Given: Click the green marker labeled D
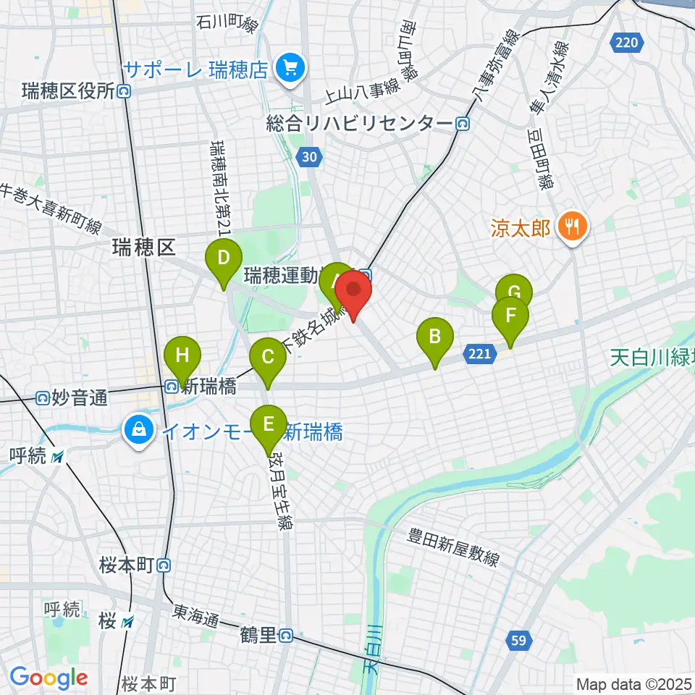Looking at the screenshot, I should pyautogui.click(x=224, y=258).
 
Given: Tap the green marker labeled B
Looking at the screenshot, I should pyautogui.click(x=435, y=337).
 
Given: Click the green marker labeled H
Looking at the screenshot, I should pyautogui.click(x=182, y=356).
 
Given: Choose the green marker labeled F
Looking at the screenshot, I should pyautogui.click(x=510, y=316).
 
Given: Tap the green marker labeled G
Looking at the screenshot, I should pyautogui.click(x=514, y=292).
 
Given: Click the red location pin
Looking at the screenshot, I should pyautogui.click(x=353, y=291).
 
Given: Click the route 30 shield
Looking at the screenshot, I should pyautogui.click(x=310, y=156).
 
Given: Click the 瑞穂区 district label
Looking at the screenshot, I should pyautogui.click(x=144, y=248).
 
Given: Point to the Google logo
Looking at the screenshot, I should pyautogui.click(x=49, y=678).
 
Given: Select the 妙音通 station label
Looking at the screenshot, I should pyautogui.click(x=72, y=397).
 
